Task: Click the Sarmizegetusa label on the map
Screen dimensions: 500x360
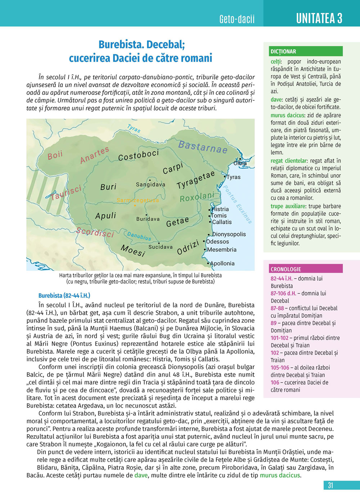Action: (x=138, y=200)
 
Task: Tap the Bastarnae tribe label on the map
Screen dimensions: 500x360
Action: (x=203, y=147)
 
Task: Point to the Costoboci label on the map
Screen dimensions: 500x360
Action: (x=139, y=155)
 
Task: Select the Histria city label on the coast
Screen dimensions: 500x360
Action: (x=220, y=209)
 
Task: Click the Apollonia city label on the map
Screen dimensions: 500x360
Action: (x=222, y=263)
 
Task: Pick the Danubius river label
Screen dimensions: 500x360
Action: (x=139, y=236)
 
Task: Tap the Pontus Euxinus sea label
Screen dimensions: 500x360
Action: (x=237, y=204)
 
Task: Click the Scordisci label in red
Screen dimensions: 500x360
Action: (x=95, y=232)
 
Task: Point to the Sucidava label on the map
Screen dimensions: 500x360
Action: (x=161, y=247)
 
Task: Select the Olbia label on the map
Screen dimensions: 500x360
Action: (x=240, y=163)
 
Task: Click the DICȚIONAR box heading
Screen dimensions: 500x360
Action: (x=283, y=51)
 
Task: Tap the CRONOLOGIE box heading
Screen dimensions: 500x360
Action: (x=286, y=269)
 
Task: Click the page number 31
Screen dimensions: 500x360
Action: (x=330, y=485)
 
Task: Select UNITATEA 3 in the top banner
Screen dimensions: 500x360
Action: (x=319, y=18)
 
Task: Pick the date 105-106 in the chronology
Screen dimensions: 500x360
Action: (x=280, y=368)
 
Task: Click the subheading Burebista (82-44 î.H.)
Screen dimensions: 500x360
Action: (x=64, y=296)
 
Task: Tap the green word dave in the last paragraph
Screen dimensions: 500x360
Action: (x=141, y=475)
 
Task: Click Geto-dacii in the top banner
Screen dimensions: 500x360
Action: (x=237, y=19)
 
